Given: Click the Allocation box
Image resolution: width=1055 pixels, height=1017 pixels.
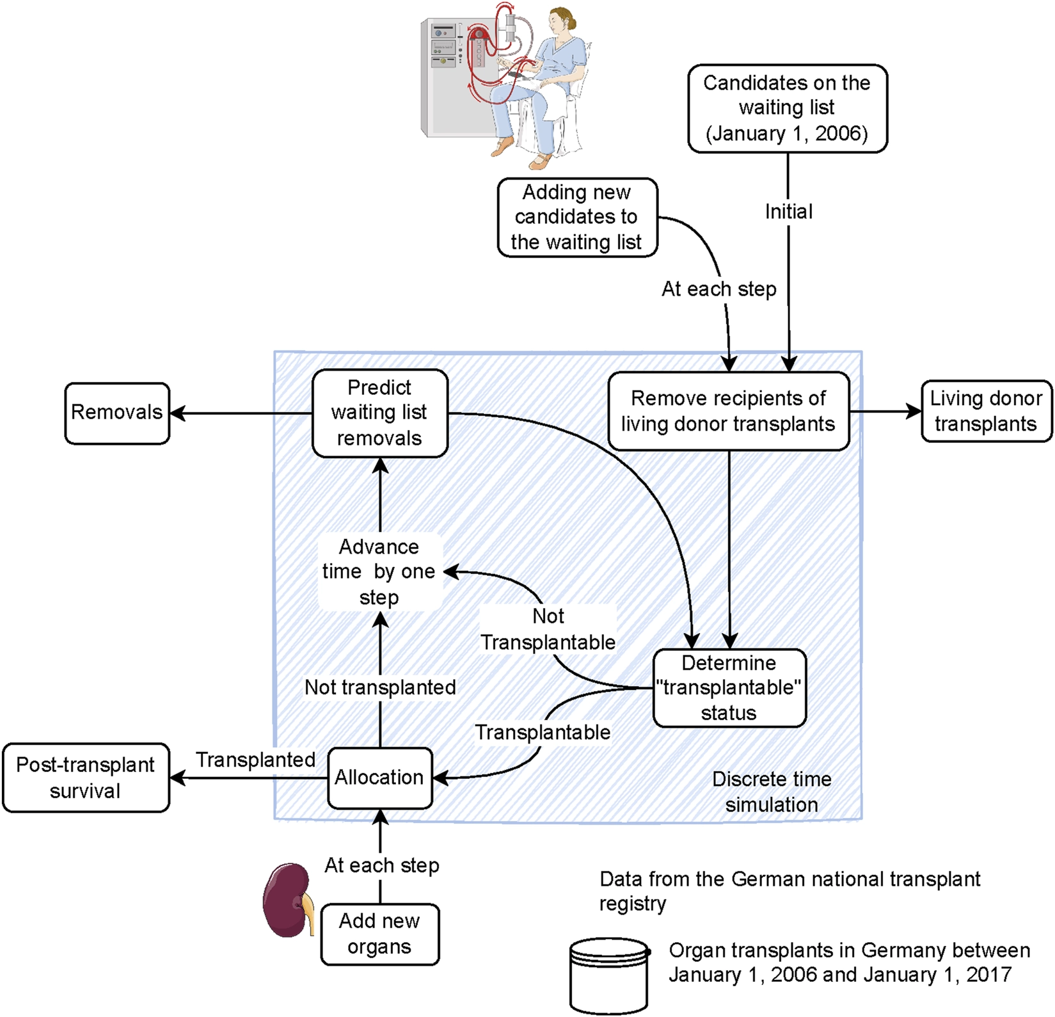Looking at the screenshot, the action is point(380,778).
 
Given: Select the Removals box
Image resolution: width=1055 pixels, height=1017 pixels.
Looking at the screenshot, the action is point(117,413).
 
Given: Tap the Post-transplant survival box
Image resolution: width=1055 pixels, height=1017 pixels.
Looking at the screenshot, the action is point(86,778).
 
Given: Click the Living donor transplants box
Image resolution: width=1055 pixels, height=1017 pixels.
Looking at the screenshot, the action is point(986,412).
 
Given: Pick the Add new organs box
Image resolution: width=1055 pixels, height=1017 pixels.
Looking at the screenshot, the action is point(380,934).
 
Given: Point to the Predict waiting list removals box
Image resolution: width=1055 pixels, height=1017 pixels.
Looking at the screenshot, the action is point(380,413).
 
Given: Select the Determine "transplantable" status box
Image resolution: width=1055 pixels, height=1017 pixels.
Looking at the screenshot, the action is point(729,688).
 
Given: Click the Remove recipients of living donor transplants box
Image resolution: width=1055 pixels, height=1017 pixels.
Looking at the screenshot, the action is point(729,411).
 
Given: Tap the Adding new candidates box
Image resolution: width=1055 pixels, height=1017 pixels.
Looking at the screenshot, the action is point(578,218).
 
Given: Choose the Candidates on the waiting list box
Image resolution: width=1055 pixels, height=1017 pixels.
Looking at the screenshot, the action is point(788,108).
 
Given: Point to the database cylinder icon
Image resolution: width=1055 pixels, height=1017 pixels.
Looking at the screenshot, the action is point(609,976).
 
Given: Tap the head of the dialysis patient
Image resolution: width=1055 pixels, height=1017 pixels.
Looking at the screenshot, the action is point(561,22).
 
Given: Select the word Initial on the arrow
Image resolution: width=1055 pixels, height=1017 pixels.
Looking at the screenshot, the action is point(789,212).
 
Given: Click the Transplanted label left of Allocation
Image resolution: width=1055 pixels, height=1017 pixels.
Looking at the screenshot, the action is point(255,760).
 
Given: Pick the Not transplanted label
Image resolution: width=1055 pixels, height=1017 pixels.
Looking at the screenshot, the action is point(380,687).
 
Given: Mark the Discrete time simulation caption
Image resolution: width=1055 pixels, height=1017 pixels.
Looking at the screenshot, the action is point(772,792).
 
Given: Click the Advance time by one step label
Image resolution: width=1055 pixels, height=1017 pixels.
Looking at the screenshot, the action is point(379,572).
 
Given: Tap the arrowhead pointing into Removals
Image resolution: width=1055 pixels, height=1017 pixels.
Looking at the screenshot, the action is point(178,413).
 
